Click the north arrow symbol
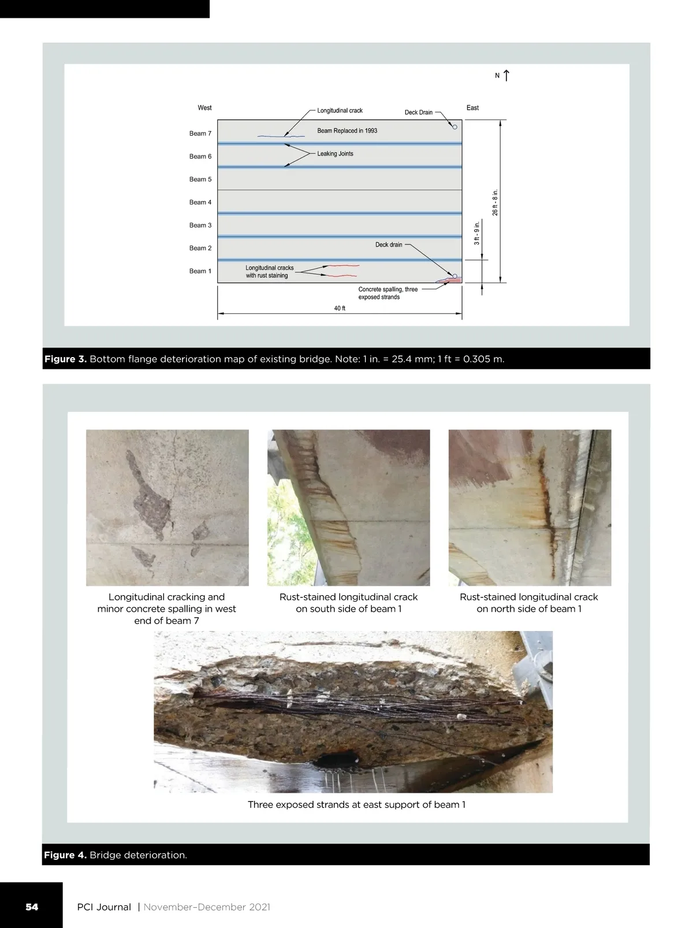click(x=506, y=75)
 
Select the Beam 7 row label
click(x=200, y=133)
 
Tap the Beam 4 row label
click(x=200, y=202)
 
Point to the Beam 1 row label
click(x=200, y=271)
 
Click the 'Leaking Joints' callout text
click(x=335, y=154)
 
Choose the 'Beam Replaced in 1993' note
click(x=347, y=131)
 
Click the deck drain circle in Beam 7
click(x=454, y=127)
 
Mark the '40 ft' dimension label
click(x=340, y=309)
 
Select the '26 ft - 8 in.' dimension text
click(x=495, y=202)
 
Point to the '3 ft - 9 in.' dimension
click(x=477, y=233)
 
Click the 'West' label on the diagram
click(x=204, y=108)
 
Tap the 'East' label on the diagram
click(x=472, y=108)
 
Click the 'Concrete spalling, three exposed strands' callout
click(x=388, y=293)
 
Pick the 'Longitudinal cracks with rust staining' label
click(x=269, y=272)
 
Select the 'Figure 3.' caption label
click(x=65, y=359)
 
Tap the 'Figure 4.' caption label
click(x=65, y=855)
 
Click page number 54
click(x=32, y=907)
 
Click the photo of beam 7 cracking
click(x=167, y=507)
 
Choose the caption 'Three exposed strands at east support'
click(x=356, y=804)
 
